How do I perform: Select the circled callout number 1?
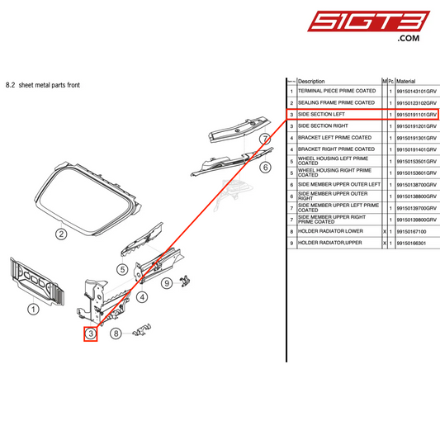[x=34, y=310]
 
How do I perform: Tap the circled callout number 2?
[x=60, y=234]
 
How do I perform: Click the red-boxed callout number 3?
[x=90, y=334]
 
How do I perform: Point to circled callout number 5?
[x=121, y=268]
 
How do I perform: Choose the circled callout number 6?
[x=265, y=167]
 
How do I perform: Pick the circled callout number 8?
[x=116, y=334]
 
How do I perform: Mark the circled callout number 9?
[x=166, y=283]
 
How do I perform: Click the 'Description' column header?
[x=312, y=82]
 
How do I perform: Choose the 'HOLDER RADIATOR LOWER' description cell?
[x=330, y=232]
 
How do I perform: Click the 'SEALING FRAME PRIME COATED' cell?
[x=336, y=102]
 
